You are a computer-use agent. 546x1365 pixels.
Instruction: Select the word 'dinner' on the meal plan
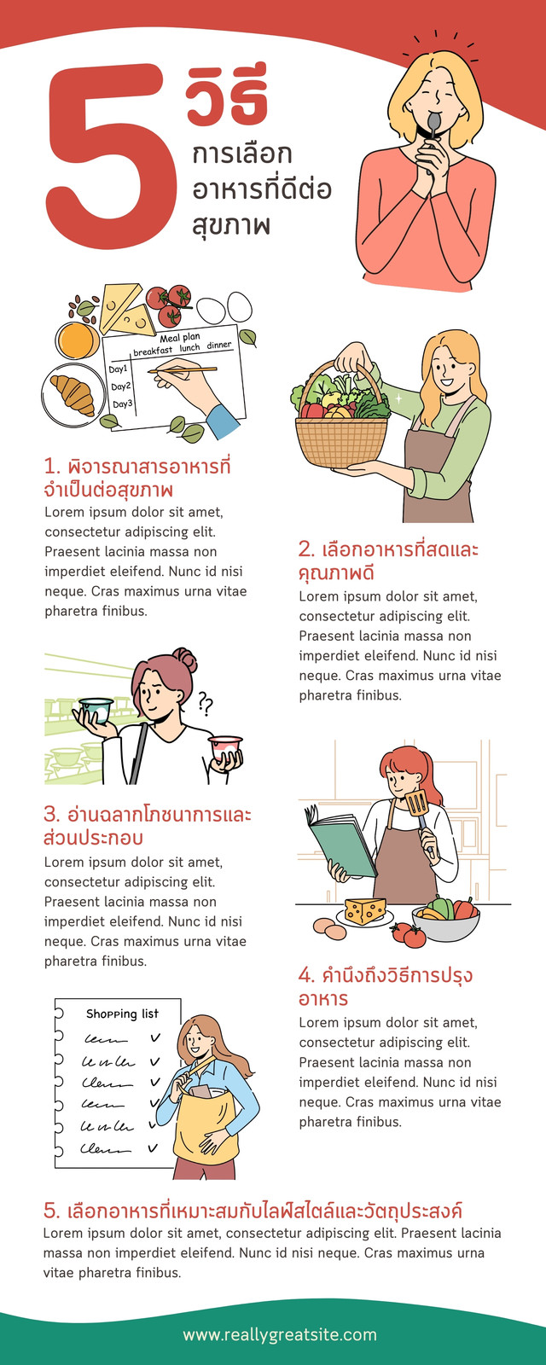(219, 345)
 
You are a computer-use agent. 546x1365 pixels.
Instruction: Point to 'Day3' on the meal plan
(121, 404)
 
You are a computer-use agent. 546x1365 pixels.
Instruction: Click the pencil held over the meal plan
(183, 369)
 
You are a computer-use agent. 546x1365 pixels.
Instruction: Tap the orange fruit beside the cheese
(78, 340)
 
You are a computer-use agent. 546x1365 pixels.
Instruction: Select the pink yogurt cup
(225, 747)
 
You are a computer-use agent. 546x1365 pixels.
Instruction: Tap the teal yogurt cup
(96, 709)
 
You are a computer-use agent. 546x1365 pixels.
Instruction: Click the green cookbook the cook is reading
(341, 844)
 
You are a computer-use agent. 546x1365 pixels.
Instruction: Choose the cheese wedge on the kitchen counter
(365, 910)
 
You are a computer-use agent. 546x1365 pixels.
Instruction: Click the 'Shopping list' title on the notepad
(122, 1014)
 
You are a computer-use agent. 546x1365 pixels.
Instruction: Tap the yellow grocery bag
(204, 1127)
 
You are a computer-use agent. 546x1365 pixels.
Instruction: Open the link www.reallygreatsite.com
(280, 1334)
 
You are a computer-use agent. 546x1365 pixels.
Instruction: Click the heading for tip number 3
(147, 826)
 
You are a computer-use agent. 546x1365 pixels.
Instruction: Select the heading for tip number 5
(253, 1210)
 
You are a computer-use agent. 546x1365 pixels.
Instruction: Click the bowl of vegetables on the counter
(445, 919)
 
